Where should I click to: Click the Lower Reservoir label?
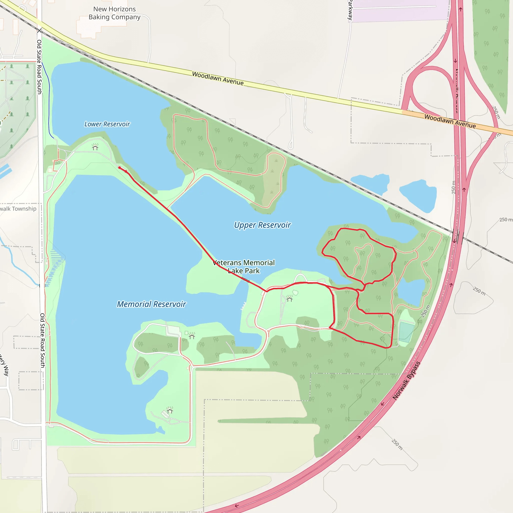point(107,124)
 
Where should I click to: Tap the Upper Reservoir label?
point(262,225)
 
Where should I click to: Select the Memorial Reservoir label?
point(151,304)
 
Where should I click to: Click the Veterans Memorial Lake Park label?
point(244,267)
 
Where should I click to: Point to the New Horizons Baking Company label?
point(114,13)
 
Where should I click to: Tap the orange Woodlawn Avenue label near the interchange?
point(450,121)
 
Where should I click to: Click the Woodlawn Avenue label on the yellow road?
point(218,78)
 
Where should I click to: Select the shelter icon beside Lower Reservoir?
point(95,147)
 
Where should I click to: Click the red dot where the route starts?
point(119,168)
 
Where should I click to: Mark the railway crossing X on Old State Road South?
point(39,31)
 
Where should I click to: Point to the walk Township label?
point(18,209)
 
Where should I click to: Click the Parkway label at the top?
point(350,10)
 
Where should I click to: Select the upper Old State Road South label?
point(39,67)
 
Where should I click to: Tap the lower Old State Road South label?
point(43,340)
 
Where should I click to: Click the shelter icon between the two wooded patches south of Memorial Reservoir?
point(192,336)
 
